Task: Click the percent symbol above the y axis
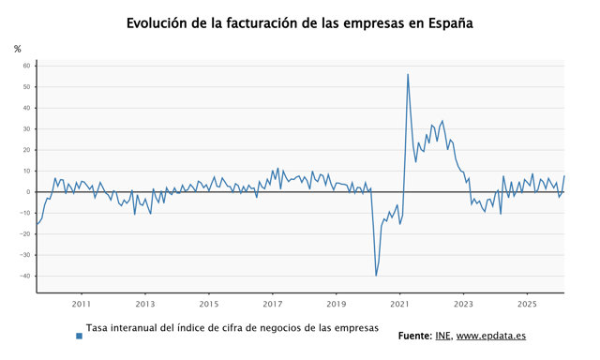tap(17, 49)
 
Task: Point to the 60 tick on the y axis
tap(26, 66)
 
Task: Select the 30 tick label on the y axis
tap(26, 129)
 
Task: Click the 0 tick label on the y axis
tap(28, 192)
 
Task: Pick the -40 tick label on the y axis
tap(25, 276)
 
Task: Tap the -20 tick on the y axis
tap(25, 233)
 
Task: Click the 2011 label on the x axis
tap(82, 304)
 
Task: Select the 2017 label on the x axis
tap(273, 304)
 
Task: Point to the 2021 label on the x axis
tap(399, 304)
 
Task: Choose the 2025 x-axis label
tap(527, 304)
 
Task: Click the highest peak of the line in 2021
tap(408, 75)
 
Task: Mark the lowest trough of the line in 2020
tap(376, 275)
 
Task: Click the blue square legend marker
tap(79, 336)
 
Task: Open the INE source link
tap(443, 336)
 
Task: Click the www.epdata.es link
tap(491, 337)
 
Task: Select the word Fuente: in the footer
tap(415, 336)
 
